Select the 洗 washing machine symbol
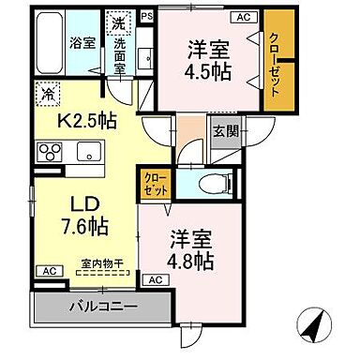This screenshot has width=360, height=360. click(118, 21)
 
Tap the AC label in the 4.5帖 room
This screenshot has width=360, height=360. click(242, 17)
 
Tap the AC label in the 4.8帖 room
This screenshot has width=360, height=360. click(155, 279)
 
